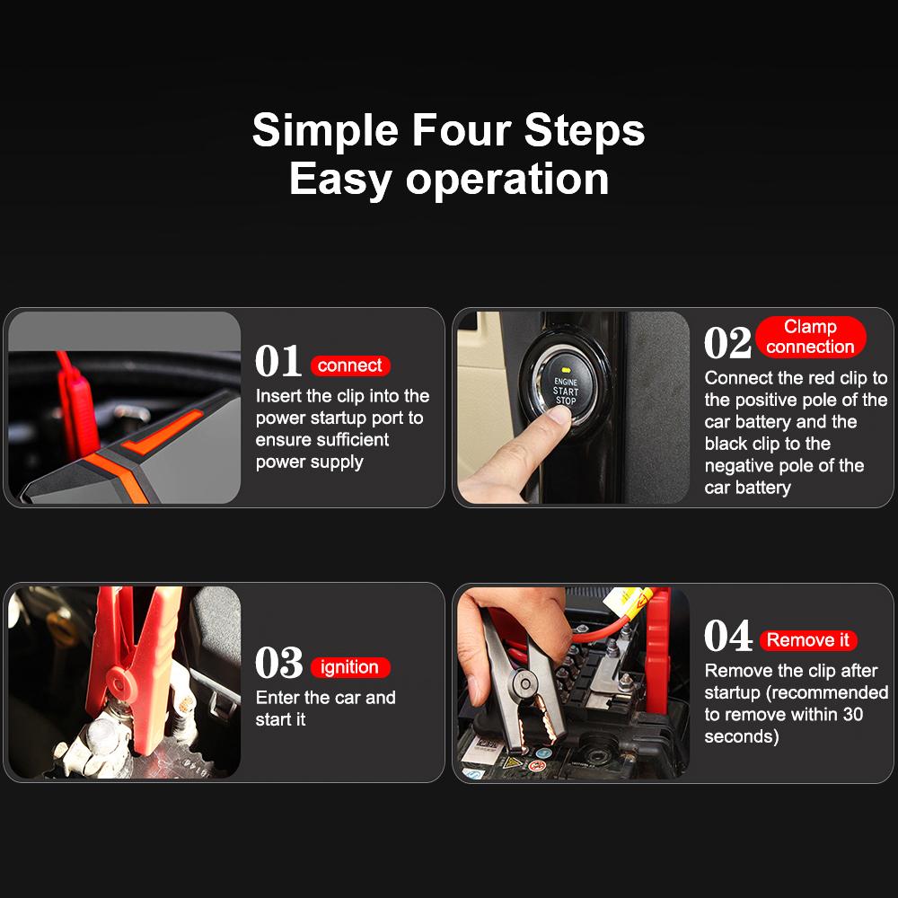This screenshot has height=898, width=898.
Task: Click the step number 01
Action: (278, 361)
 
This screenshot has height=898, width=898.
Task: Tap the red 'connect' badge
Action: (350, 365)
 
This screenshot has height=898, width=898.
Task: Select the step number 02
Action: (727, 342)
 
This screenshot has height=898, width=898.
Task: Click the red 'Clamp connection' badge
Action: (810, 337)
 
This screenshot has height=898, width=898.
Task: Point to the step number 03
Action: (279, 663)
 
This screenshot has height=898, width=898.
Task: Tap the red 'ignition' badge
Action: (350, 667)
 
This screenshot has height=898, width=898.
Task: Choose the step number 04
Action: (728, 636)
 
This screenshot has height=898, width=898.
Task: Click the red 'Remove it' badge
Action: (808, 639)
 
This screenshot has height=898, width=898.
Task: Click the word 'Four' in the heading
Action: (461, 130)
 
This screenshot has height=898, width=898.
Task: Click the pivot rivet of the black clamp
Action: (524, 682)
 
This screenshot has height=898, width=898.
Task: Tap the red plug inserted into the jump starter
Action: (76, 407)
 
